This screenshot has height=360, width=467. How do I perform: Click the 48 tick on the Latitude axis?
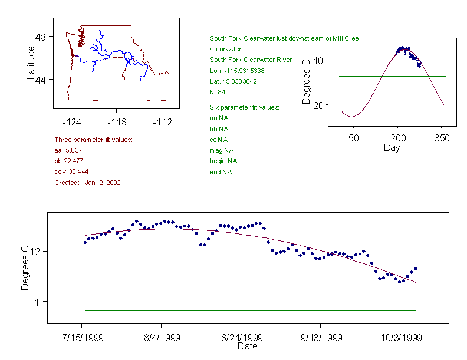pyautogui.click(x=41, y=37)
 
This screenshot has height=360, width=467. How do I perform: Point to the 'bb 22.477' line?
pyautogui.click(x=68, y=161)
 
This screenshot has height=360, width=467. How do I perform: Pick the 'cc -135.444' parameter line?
pyautogui.click(x=71, y=171)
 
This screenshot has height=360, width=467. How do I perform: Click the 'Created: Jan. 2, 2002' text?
pyautogui.click(x=87, y=183)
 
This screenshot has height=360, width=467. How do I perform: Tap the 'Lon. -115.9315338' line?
pyautogui.click(x=237, y=71)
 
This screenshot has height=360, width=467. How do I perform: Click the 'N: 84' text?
pyautogui.click(x=218, y=92)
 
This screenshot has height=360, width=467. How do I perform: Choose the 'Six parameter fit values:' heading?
pyautogui.click(x=244, y=107)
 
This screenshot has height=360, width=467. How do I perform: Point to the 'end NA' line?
pyautogui.click(x=221, y=172)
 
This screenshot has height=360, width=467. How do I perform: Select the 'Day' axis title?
pyautogui.click(x=392, y=147)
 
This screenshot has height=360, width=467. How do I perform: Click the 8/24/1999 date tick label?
pyautogui.click(x=241, y=338)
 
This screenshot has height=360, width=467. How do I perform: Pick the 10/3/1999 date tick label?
pyautogui.click(x=400, y=338)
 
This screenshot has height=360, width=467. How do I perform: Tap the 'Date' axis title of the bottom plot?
pyautogui.click(x=247, y=346)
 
